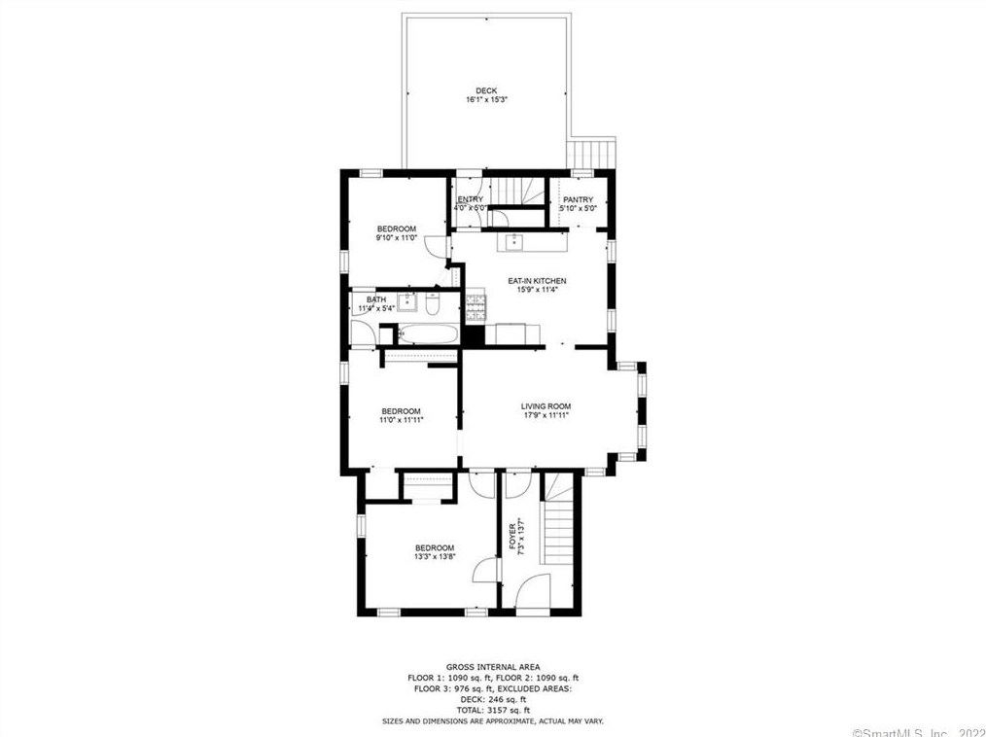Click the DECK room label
coord(486,90)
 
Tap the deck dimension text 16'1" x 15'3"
coord(486,100)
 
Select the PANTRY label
coord(578,199)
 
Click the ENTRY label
coord(471,199)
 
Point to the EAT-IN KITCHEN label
coord(537,281)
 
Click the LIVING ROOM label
coord(546,406)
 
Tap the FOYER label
coord(512,536)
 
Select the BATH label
coord(376,299)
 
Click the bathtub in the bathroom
coord(426,335)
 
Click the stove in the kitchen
coord(475,309)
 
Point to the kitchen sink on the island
coord(514,242)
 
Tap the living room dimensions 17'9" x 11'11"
coord(546,416)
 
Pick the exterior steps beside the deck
coord(592,154)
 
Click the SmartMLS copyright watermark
coord(917,732)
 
